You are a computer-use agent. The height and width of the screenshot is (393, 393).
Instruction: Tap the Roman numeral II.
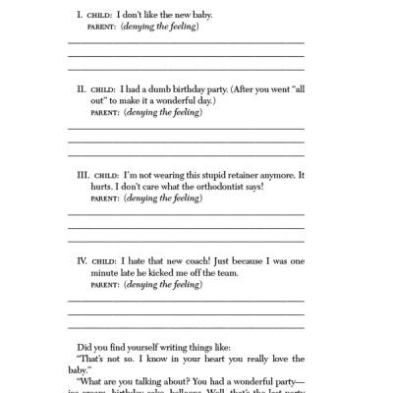pos(82,87)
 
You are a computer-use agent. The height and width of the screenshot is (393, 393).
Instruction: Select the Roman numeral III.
pos(84,173)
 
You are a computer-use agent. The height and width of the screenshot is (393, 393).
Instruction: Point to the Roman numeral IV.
pos(84,259)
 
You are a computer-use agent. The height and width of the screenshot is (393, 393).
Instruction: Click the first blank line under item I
pos(186,43)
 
